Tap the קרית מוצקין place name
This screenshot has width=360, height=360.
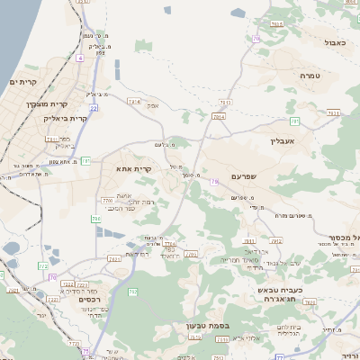pos(45,104)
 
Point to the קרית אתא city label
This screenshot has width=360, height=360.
pos(132,167)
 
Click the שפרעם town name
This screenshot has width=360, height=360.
pos(244,176)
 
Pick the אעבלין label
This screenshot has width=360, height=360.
pos(283,140)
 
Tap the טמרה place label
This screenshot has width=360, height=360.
pos(310,76)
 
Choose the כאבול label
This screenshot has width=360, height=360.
pos(335,41)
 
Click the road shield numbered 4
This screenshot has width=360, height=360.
pos(79,58)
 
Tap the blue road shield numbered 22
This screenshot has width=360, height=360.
pos(94,108)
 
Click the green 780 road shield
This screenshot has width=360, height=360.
pos(96,218)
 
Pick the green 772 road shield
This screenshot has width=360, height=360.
pos(42,266)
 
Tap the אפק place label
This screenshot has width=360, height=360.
pos(153,105)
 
